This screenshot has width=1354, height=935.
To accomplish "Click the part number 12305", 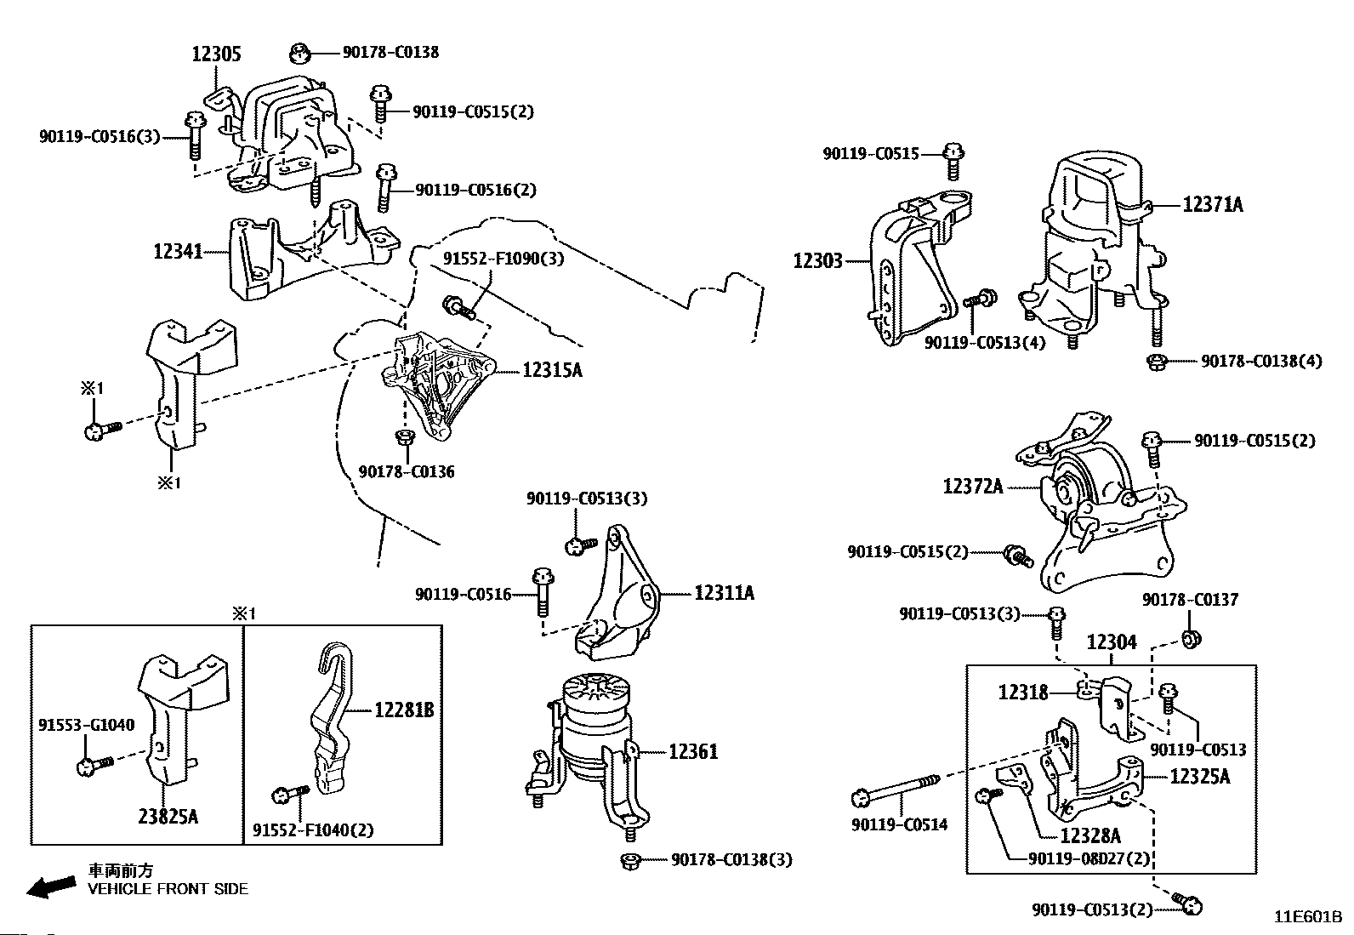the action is point(216,54).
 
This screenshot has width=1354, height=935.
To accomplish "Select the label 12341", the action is point(178,251).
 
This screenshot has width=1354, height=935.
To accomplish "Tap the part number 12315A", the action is point(553,369).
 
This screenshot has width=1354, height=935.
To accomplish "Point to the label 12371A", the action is point(1213,204).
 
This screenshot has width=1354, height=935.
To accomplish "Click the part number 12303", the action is point(818,260).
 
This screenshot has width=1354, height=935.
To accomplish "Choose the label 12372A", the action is point(973,486).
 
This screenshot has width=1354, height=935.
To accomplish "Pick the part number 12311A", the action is point(724,593).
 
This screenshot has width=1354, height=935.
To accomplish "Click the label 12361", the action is point(693,752).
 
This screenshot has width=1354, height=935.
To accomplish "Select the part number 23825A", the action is point(168,817).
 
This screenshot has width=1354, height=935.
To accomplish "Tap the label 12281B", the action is point(404,710).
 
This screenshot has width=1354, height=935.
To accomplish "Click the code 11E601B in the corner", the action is point(1308,917).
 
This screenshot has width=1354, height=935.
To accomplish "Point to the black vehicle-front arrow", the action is point(52,887).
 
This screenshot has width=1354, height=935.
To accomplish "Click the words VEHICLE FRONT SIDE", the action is point(168,889).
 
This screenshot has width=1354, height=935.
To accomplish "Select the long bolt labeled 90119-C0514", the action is point(896,790).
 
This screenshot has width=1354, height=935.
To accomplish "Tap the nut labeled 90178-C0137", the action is point(1191,639).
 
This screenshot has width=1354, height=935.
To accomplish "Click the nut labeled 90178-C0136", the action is point(404,436).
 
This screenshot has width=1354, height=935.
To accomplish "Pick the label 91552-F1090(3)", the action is point(503,259).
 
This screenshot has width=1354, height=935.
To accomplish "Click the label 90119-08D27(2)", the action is point(1089,858).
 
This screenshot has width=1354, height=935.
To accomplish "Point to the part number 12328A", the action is point(1090,835).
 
